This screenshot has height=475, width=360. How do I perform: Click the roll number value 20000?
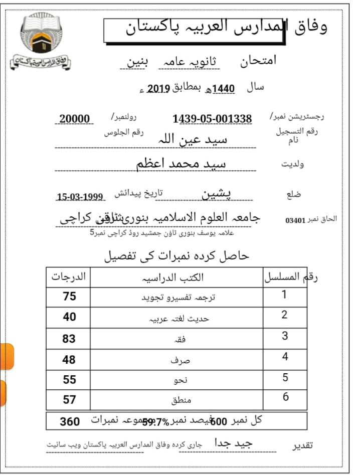tap(75, 119)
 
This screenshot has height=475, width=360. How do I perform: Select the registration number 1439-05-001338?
tap(212, 119)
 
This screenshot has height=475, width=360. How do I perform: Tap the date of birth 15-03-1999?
tap(80, 197)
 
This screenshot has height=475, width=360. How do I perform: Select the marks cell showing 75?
tap(69, 296)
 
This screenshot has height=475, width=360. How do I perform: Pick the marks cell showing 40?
tap(69, 317)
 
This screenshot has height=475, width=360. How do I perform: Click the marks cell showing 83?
tap(69, 339)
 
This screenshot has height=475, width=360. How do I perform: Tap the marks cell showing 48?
tap(69, 359)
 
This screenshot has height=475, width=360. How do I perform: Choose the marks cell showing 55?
tap(69, 380)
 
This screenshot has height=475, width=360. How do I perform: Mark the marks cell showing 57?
tap(69, 399)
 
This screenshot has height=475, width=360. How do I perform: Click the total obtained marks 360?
tap(70, 421)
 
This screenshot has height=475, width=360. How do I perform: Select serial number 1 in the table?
tap(284, 294)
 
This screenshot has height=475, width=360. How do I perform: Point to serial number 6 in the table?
tap(285, 397)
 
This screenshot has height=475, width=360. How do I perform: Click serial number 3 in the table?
tap(285, 336)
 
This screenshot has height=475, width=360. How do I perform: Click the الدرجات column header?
tap(69, 277)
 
